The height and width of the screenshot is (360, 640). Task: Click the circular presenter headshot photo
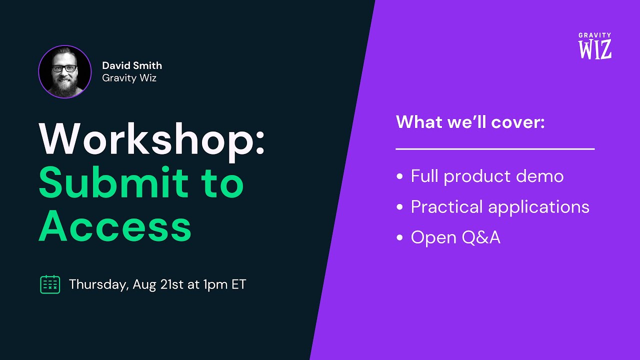65,71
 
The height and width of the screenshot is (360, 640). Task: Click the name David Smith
132,65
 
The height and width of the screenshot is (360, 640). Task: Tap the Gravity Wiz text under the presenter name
129,78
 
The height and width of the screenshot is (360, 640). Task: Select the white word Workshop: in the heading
152,140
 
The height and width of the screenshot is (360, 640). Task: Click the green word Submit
113,183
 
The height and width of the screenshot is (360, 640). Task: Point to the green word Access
115,226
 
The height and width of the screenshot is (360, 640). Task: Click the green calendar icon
50,284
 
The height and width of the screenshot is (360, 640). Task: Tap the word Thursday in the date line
98,284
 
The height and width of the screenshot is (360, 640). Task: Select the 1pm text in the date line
214,284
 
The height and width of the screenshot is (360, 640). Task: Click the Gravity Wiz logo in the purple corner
595,46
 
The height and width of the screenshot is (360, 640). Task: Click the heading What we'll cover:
470,122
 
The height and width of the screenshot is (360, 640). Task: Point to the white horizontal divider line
495,149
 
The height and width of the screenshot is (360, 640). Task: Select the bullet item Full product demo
487,176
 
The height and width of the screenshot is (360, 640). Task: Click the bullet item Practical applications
500,207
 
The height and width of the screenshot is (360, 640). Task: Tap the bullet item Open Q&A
455,237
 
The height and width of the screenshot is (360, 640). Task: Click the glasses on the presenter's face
64,68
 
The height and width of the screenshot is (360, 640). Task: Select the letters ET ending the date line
238,284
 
